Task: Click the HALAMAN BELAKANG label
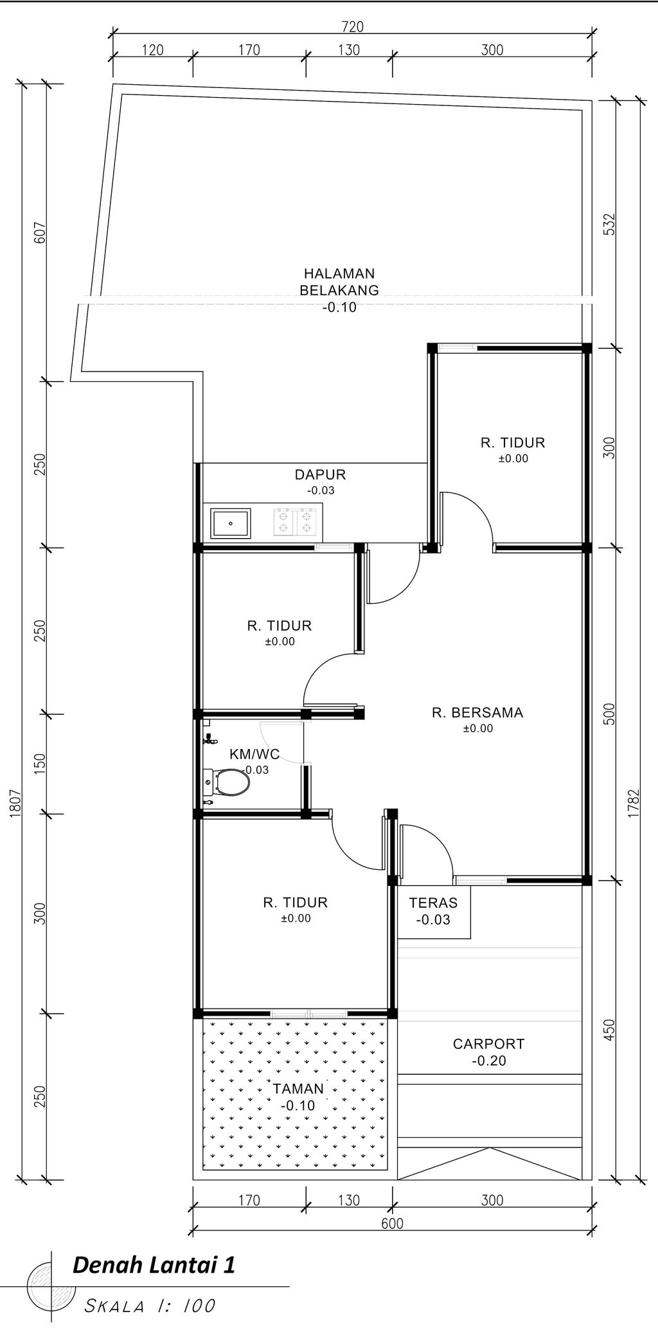coord(339,282)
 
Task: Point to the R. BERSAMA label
coord(477,712)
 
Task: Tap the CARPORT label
coord(489,1044)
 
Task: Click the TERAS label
coord(434,903)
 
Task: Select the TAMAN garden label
coord(298,1089)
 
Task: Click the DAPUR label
coord(321,474)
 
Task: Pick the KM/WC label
coord(254,754)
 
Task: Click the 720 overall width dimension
coord(353,27)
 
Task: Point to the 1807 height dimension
coord(17,804)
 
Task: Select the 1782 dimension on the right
coord(634,804)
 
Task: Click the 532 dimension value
coord(610,224)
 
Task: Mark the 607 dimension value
coord(40,233)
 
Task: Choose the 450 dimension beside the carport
coord(610,1030)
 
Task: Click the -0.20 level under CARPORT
coord(489,1061)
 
